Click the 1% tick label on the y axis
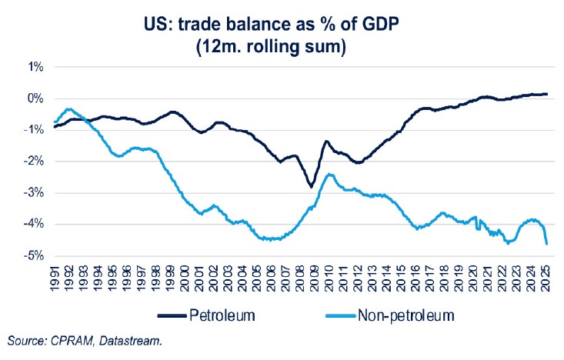35,67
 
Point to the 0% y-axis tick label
35,98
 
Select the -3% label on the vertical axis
34,192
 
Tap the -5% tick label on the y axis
34,255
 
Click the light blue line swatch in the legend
332,316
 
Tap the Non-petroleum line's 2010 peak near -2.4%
329,174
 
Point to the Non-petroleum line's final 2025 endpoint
546,244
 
